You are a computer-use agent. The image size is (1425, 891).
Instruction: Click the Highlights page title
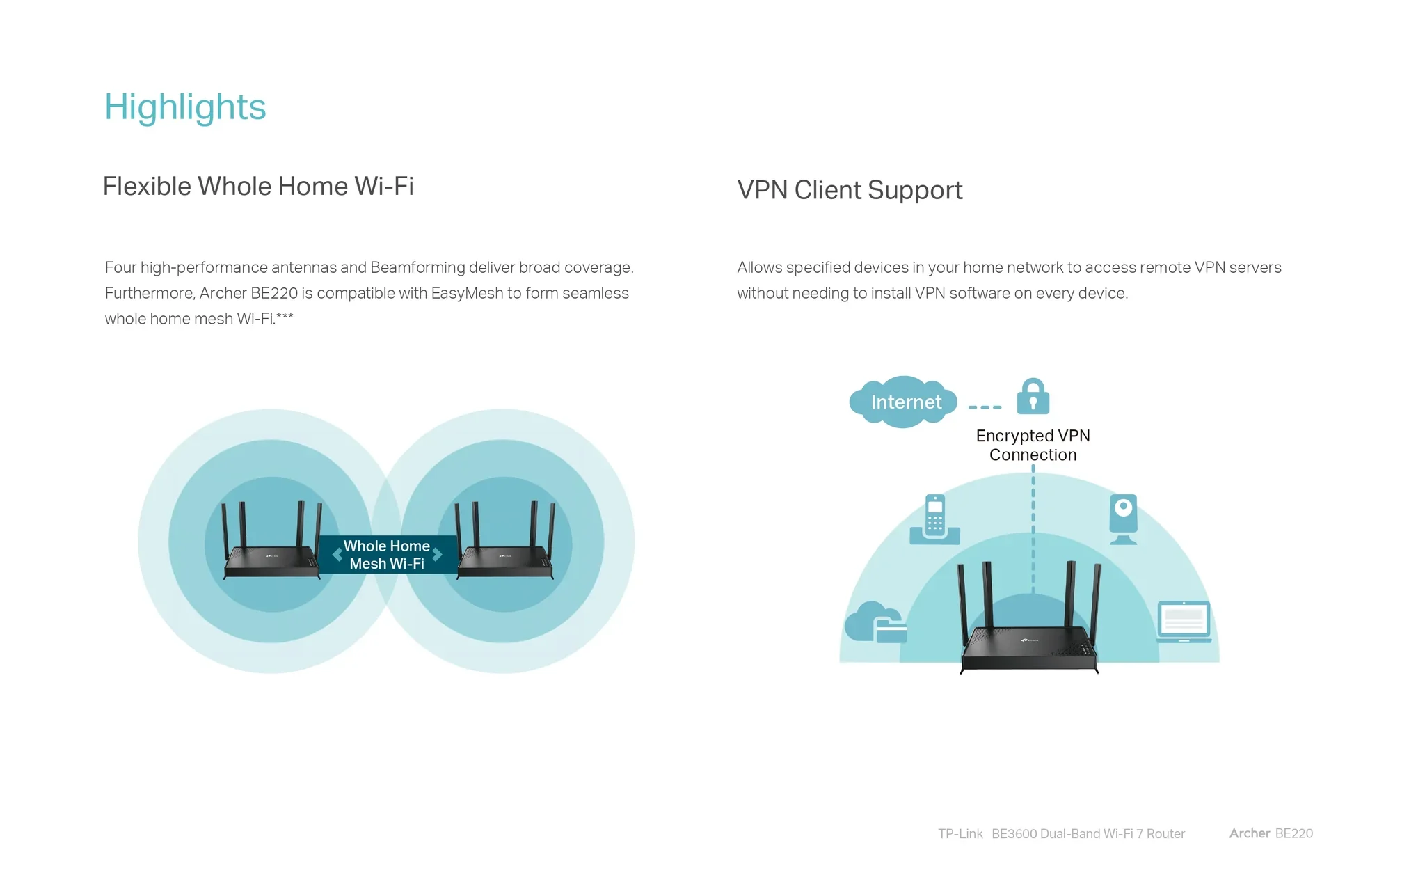click(x=185, y=107)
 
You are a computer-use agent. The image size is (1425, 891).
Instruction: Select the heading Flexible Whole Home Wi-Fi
click(x=258, y=186)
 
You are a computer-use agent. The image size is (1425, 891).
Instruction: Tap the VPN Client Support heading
click(x=850, y=190)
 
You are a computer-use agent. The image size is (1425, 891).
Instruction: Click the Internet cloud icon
click(x=903, y=402)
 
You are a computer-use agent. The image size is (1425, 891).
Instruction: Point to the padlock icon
click(x=1033, y=397)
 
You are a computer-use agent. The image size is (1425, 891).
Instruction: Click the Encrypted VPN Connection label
click(x=1033, y=445)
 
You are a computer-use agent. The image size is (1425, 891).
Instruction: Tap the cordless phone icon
click(x=935, y=519)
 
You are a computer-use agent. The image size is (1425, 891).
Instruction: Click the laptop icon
click(x=1184, y=622)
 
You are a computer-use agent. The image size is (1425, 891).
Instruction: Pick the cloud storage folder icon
click(x=875, y=622)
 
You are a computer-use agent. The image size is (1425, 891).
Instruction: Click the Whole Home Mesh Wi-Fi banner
click(x=388, y=555)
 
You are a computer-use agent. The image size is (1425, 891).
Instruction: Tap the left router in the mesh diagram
click(x=271, y=541)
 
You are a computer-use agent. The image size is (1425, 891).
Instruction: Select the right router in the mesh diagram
click(x=504, y=541)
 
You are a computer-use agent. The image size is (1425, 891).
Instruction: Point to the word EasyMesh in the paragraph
click(x=467, y=293)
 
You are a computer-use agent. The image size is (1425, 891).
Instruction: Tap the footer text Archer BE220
click(x=1271, y=833)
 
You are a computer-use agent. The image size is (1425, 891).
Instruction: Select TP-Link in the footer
click(x=960, y=834)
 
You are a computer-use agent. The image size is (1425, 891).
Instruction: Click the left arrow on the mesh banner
click(x=337, y=555)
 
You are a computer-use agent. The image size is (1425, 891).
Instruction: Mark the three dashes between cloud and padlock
click(x=985, y=407)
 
